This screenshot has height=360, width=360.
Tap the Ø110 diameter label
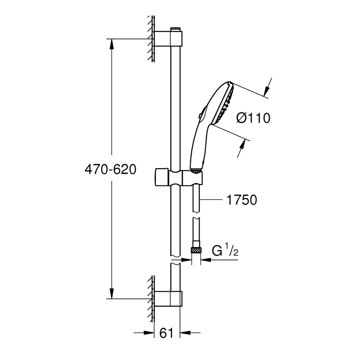tap(253, 118)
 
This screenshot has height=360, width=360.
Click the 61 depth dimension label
tap(167, 333)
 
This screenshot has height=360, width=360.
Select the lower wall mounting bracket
tap(169, 298)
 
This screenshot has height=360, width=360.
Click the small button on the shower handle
tap(201, 114)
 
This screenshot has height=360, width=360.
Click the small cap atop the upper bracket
tap(176, 30)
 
